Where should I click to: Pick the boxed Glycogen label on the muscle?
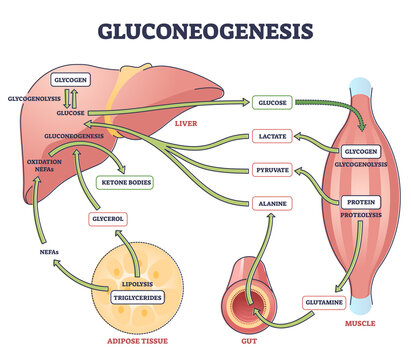click(x=358, y=150)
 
